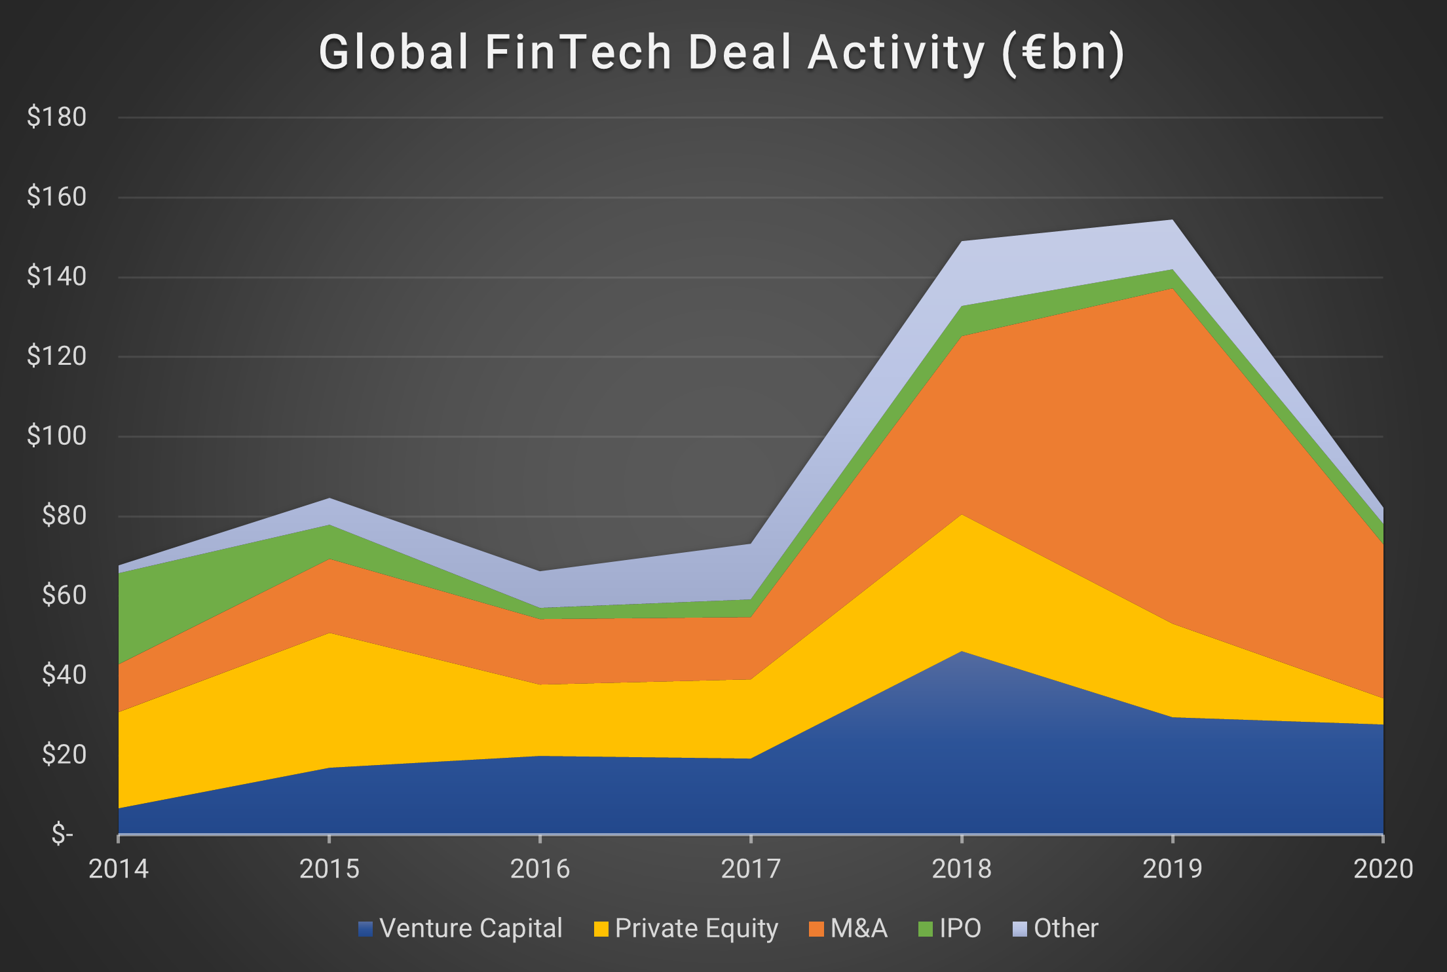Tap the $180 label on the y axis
click(x=56, y=117)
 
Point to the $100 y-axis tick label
click(x=56, y=436)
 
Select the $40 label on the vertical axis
click(x=64, y=675)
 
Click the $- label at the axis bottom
click(x=63, y=834)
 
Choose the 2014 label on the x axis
click(x=119, y=869)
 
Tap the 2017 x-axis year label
click(x=751, y=869)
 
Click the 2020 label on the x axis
click(x=1383, y=869)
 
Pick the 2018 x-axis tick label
click(x=962, y=869)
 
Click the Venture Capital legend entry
click(x=460, y=929)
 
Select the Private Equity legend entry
click(x=686, y=929)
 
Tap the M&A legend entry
click(x=848, y=929)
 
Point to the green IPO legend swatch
click(x=926, y=929)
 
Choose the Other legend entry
click(x=1055, y=929)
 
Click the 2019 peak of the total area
click(x=1172, y=220)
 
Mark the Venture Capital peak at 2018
click(x=962, y=652)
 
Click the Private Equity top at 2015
click(x=329, y=633)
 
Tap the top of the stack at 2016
click(x=540, y=571)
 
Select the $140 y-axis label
click(x=56, y=276)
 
